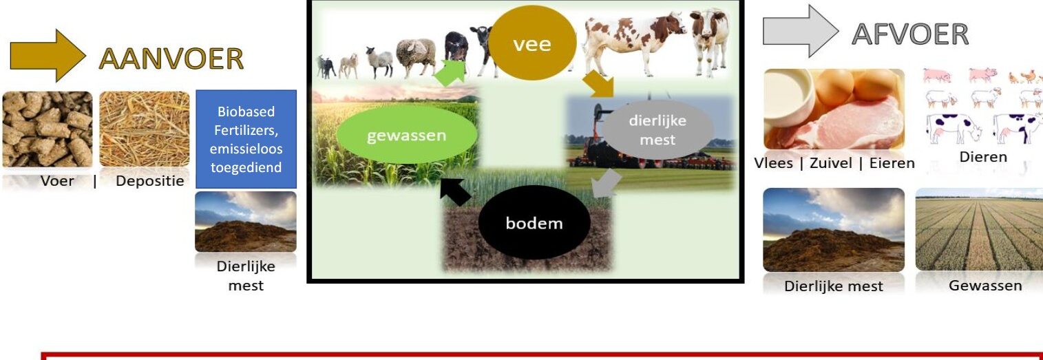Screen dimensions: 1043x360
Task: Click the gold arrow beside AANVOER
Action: tap(48, 56)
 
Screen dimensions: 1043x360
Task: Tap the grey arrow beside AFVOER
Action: tap(801, 32)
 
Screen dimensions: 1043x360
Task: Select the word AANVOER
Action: tap(171, 59)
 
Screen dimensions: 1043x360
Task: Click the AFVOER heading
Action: tap(910, 34)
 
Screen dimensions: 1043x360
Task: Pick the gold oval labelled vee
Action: tap(532, 43)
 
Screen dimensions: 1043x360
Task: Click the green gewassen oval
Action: tap(406, 135)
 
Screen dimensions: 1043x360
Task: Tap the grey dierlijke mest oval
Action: tap(657, 130)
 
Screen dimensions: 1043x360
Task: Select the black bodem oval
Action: tap(534, 222)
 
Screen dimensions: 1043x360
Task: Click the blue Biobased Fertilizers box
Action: tap(246, 139)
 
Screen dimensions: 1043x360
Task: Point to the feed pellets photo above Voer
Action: tap(48, 129)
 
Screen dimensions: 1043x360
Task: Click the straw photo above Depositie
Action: tap(145, 129)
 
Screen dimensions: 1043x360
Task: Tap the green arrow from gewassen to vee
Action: tap(450, 72)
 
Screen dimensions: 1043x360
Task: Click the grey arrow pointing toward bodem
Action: tap(607, 183)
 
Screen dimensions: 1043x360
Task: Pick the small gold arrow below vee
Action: tap(598, 84)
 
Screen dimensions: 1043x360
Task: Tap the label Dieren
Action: tap(983, 157)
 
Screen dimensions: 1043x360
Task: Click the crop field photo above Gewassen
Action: tap(979, 230)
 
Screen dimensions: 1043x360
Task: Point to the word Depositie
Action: tap(150, 181)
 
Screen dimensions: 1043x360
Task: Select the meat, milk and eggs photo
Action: tap(834, 109)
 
